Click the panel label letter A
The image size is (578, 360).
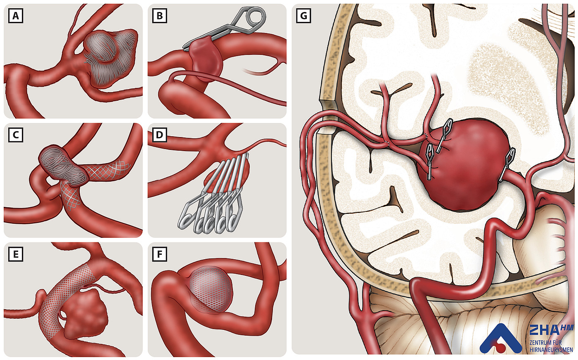coord(16,16)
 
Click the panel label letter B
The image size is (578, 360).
coord(160,16)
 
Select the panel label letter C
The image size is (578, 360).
coord(16,135)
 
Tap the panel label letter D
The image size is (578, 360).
coord(160,135)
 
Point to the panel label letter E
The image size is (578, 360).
coord(16,254)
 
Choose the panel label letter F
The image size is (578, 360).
coord(160,254)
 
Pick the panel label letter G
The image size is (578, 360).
coord(304,16)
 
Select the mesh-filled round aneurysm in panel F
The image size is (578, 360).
coord(210,289)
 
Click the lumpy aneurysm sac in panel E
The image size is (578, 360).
coord(85,313)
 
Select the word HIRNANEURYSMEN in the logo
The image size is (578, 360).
coord(551,350)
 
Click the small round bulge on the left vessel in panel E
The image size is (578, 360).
coord(40,297)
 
